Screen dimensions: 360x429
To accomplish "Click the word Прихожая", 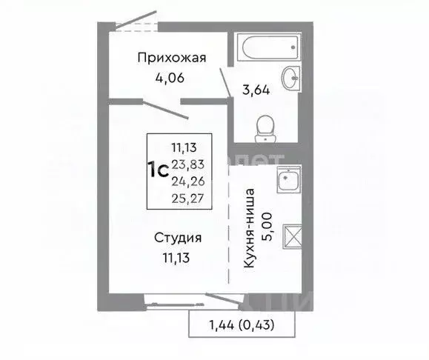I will [171, 58].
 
